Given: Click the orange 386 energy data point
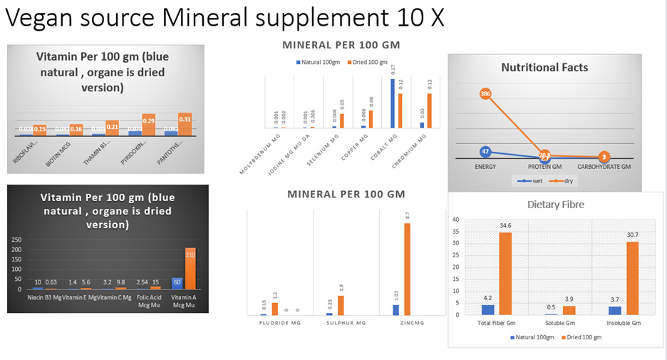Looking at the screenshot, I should pos(485,93).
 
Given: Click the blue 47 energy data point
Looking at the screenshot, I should pos(485,151).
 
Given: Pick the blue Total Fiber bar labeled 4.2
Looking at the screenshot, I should pos(487,310).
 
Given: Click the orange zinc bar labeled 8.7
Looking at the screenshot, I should pos(407,269).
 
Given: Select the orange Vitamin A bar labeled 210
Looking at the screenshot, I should pos(190,268).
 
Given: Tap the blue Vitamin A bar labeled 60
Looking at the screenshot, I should pos(177,282).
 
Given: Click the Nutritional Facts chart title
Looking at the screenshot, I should pos(544,68).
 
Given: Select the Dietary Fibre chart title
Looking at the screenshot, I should pos(555,205).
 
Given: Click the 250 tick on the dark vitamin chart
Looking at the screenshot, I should pos(16,240).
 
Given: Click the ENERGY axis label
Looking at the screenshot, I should pos(485,168).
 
